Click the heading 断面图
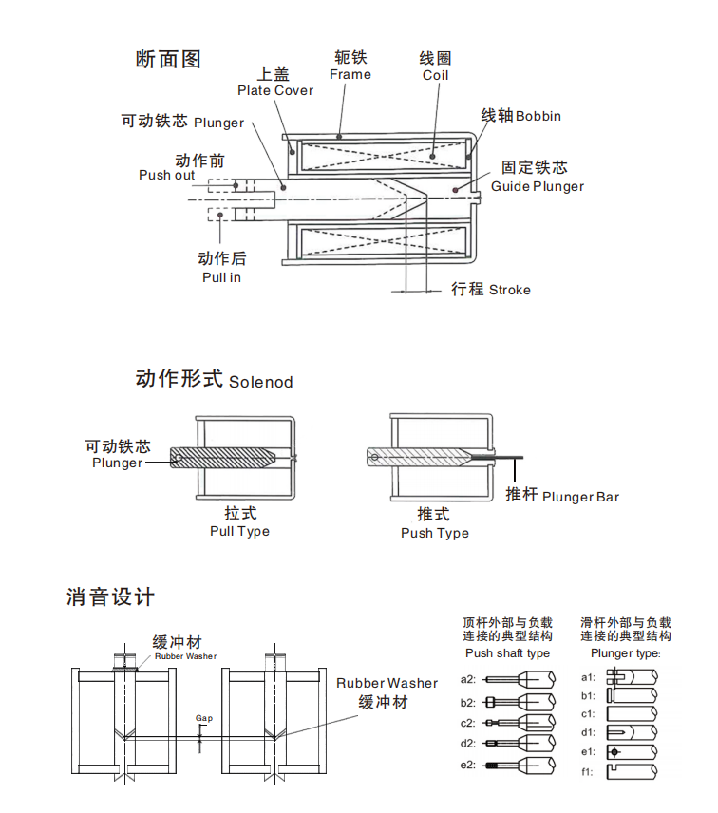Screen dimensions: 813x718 point(170,59)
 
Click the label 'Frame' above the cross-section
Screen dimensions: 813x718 point(350,74)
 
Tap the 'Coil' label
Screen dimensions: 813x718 point(435,75)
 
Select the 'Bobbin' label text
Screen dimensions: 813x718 point(538,116)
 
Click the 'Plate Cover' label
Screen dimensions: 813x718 point(275,91)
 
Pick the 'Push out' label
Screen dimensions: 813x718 point(166,175)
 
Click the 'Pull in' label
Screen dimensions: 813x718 point(221,277)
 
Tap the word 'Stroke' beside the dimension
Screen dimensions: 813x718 point(510,290)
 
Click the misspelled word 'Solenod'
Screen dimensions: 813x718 point(261,382)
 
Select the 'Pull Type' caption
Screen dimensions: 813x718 point(239,531)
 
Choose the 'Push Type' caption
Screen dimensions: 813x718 point(434,533)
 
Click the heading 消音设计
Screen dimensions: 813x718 point(110,597)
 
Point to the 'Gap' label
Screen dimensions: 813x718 point(203,718)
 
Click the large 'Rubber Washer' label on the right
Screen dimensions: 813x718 point(387,683)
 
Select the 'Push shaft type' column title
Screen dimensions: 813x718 point(507,653)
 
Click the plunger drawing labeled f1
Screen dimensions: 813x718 point(633,772)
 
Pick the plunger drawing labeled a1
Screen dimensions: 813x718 point(633,676)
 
